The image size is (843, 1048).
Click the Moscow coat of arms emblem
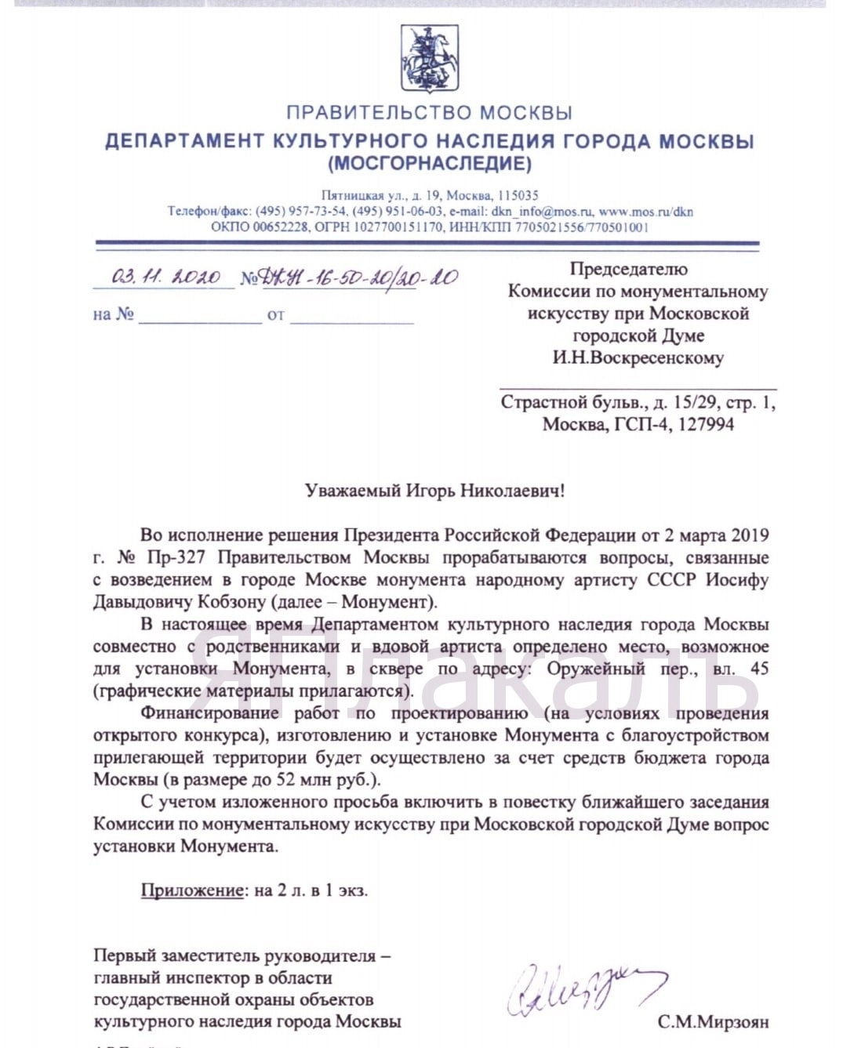point(429,57)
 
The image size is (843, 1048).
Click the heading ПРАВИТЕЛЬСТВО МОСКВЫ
point(429,113)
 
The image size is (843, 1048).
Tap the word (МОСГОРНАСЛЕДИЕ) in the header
point(429,164)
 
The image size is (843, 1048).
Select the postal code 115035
point(518,195)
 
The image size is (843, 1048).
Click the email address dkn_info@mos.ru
point(542,212)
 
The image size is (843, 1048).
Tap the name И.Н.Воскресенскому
point(638,358)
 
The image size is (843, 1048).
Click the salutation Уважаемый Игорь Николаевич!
point(434,491)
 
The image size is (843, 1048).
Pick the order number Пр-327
point(180,558)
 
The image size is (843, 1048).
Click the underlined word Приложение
point(192,890)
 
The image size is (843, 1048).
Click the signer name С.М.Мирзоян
point(713,1022)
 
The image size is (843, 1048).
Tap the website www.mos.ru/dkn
point(645,212)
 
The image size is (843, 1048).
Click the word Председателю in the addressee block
point(628,270)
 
